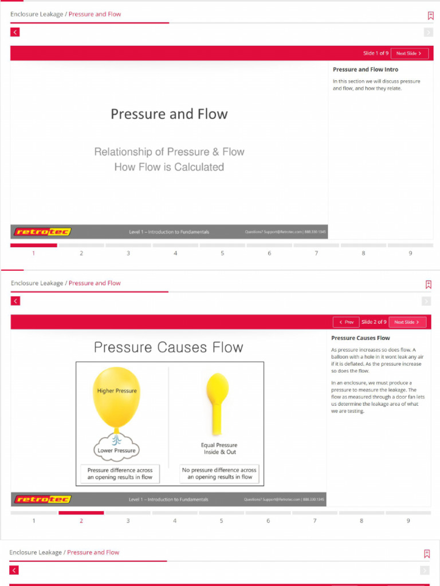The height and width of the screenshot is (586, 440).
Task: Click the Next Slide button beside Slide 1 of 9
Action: pyautogui.click(x=410, y=53)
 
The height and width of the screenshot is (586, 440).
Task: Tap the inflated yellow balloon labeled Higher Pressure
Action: pyautogui.click(x=116, y=397)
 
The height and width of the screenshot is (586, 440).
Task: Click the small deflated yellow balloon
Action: pyautogui.click(x=218, y=389)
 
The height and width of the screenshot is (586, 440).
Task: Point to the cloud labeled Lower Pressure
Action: pyautogui.click(x=116, y=449)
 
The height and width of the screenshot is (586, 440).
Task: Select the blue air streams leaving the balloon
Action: pyautogui.click(x=116, y=438)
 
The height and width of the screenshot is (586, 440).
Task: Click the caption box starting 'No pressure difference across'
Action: pyautogui.click(x=219, y=474)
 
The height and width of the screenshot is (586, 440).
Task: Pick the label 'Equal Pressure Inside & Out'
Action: pyautogui.click(x=219, y=449)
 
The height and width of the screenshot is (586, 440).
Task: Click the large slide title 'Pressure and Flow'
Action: pyautogui.click(x=169, y=114)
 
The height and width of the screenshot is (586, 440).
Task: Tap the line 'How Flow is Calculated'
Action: pyautogui.click(x=169, y=167)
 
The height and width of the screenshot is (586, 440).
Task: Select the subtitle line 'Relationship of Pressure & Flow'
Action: pyautogui.click(x=169, y=152)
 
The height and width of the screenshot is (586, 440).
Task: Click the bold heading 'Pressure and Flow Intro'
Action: pyautogui.click(x=366, y=70)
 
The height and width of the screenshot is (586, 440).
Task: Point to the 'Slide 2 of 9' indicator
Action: pyautogui.click(x=374, y=322)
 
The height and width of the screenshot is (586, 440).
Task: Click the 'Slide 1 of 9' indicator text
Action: pyautogui.click(x=376, y=53)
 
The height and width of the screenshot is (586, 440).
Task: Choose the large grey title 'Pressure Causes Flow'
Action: pyautogui.click(x=168, y=347)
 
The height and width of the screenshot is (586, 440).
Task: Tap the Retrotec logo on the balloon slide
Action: pyautogui.click(x=42, y=500)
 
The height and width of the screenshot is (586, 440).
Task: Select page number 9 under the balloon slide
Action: pyautogui.click(x=408, y=521)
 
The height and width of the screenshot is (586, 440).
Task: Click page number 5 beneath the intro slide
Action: pyautogui.click(x=222, y=253)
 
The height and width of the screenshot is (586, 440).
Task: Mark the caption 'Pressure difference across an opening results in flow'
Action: pyautogui.click(x=120, y=474)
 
